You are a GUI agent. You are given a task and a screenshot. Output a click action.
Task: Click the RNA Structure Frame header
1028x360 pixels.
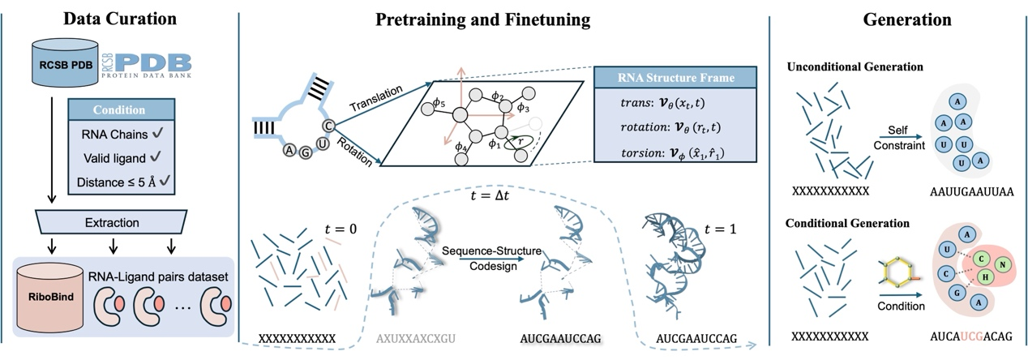(x=675, y=79)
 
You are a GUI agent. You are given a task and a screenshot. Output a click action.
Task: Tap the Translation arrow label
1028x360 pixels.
(x=374, y=96)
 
